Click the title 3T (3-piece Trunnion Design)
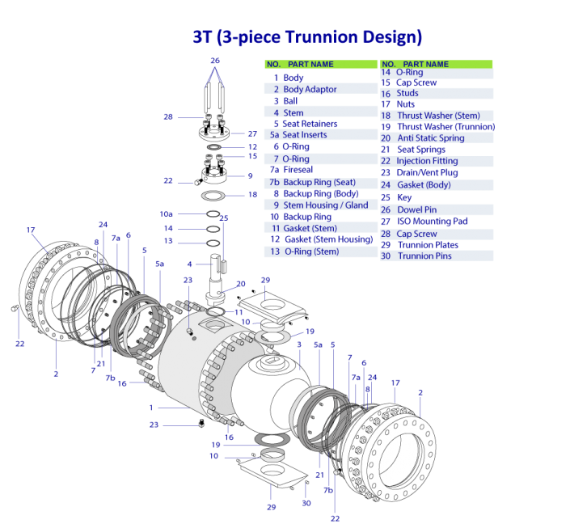[307, 37]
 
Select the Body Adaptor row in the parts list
[310, 89]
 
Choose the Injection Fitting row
[427, 161]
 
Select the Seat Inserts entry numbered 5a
[304, 135]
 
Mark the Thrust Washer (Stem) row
[438, 116]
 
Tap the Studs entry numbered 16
[407, 94]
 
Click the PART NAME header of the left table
[310, 64]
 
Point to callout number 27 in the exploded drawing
[252, 134]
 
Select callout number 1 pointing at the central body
[150, 408]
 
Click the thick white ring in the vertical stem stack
[213, 196]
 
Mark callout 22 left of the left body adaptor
[20, 344]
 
